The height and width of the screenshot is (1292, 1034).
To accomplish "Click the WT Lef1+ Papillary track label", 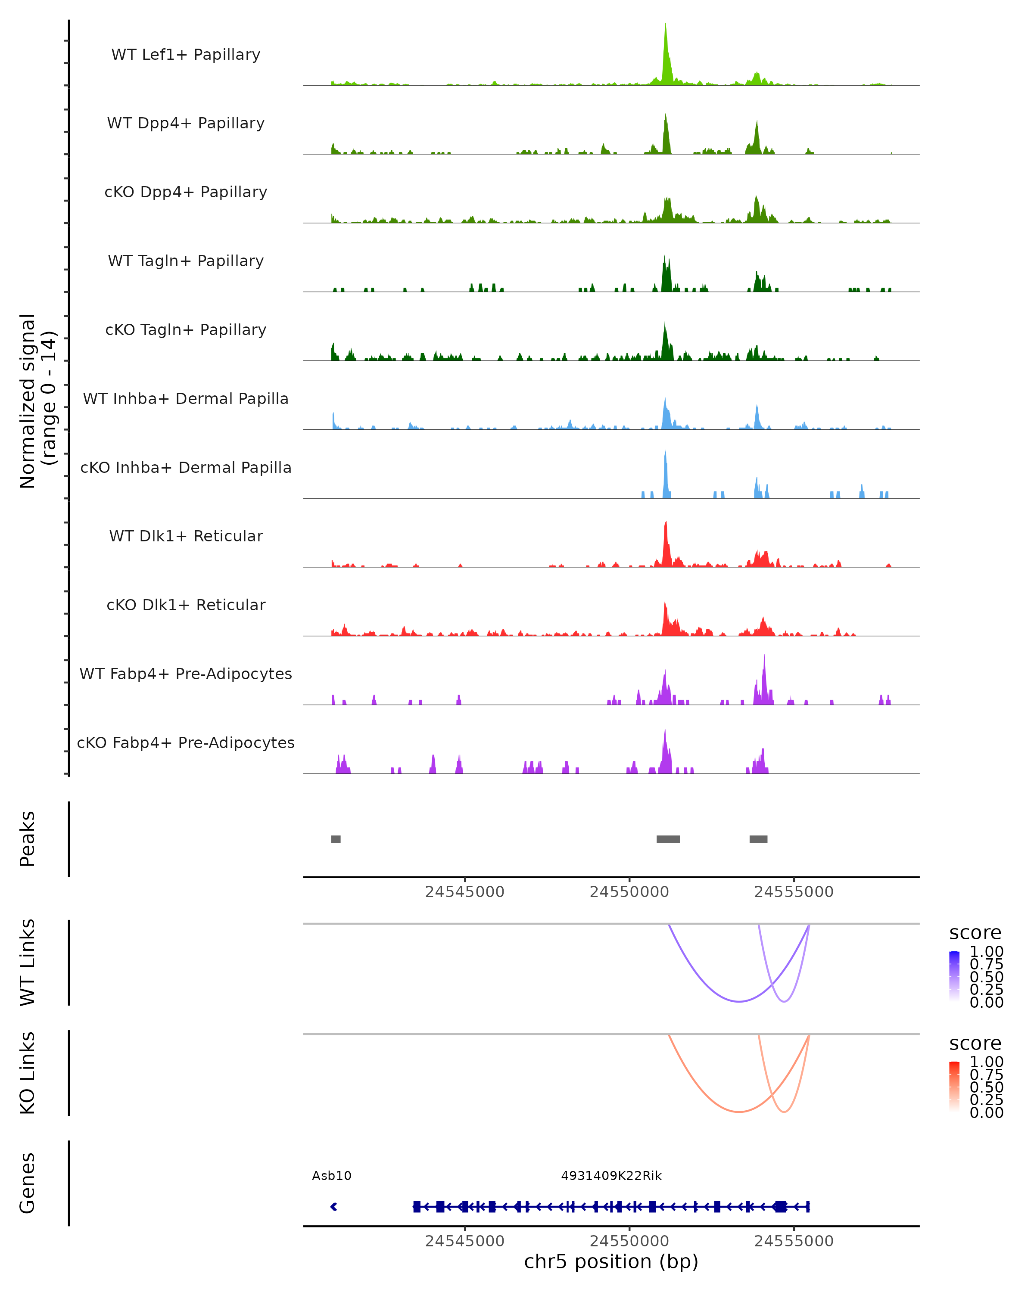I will (186, 55).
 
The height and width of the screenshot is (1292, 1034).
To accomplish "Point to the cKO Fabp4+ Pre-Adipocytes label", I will (186, 742).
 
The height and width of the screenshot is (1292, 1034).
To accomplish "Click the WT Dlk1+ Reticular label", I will (186, 536).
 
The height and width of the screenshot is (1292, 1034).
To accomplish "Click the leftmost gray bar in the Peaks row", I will (336, 839).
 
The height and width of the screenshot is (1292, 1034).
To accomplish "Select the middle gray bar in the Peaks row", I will (668, 839).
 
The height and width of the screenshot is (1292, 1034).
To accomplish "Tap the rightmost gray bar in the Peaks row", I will (758, 839).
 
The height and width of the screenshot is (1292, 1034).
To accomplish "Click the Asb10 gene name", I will (331, 1176).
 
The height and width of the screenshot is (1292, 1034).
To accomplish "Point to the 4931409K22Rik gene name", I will (611, 1176).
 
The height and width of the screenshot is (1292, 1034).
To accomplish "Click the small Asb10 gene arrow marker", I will (334, 1207).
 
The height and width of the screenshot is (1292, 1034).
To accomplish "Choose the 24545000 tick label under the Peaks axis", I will (464, 892).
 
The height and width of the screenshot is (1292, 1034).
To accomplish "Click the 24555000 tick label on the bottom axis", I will (794, 1241).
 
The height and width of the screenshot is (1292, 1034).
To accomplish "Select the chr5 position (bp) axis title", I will (611, 1262).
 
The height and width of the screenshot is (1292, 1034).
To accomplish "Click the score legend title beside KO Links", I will (975, 1044).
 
